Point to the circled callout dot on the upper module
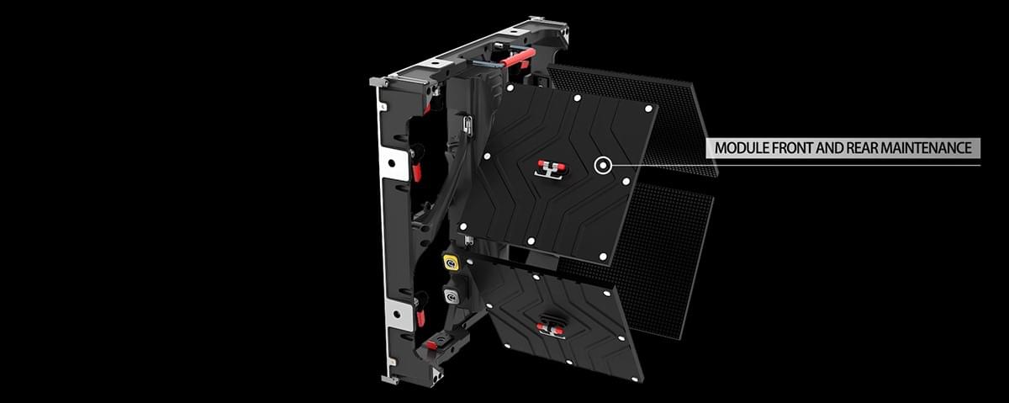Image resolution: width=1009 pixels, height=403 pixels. point(602,165)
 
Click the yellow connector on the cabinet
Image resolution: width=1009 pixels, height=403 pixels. point(451,262)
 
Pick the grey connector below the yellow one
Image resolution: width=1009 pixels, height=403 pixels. point(452,296)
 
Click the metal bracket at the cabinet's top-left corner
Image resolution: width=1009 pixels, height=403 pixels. point(378,82)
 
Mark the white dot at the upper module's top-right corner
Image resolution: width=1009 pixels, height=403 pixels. point(648,108)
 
